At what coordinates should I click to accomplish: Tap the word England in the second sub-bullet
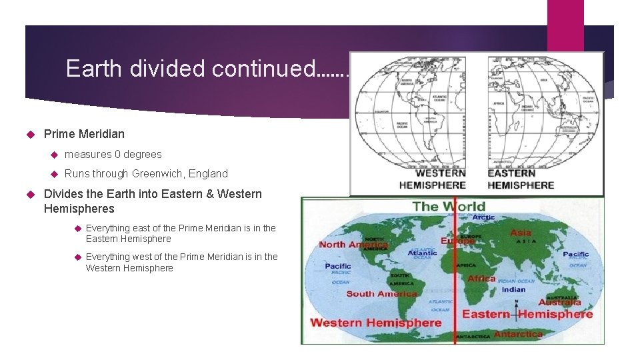coord(208,174)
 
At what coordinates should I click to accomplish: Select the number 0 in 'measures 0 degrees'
coord(118,155)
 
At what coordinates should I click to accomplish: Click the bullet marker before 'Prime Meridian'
coord(29,134)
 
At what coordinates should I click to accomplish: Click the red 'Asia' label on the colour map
coord(521,233)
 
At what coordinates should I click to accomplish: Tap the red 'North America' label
coord(353,245)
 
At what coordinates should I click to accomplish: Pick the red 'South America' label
coord(381,294)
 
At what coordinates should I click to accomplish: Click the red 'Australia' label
coord(560,303)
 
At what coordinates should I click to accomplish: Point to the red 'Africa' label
coord(481,279)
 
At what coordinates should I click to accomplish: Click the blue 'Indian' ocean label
coord(513,289)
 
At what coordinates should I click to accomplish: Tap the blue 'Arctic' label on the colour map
coord(483,217)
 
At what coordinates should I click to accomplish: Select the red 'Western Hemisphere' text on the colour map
coord(375,323)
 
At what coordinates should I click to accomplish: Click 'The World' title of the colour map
coord(449,206)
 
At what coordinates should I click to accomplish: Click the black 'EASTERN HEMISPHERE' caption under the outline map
coord(521,179)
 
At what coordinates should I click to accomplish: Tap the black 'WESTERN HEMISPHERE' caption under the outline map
coord(432,179)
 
